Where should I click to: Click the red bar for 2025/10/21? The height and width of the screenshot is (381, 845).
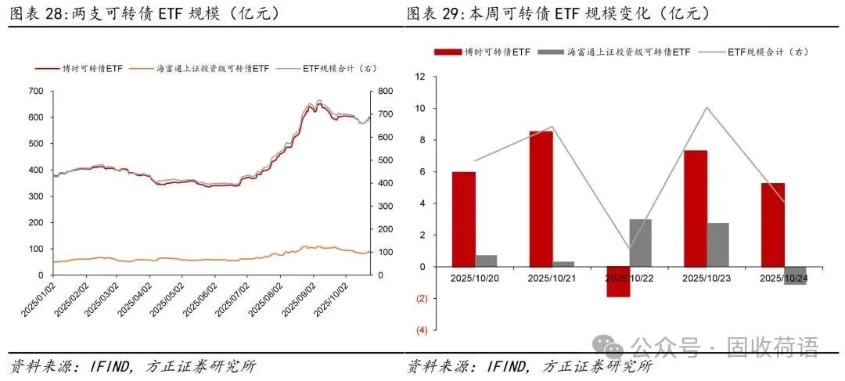pos(541,199)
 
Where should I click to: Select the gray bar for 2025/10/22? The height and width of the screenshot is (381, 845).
pos(640,243)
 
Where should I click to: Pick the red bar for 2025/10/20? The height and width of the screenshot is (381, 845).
pos(464,219)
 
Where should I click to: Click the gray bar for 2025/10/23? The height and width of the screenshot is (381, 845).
pos(717,245)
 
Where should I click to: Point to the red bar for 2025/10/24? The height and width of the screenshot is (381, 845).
pos(772,225)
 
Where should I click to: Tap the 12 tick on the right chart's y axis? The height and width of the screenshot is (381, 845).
pos(420,77)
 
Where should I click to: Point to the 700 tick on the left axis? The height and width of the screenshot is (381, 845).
pos(35,92)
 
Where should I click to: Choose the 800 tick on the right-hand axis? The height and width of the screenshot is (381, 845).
pos(384,92)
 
